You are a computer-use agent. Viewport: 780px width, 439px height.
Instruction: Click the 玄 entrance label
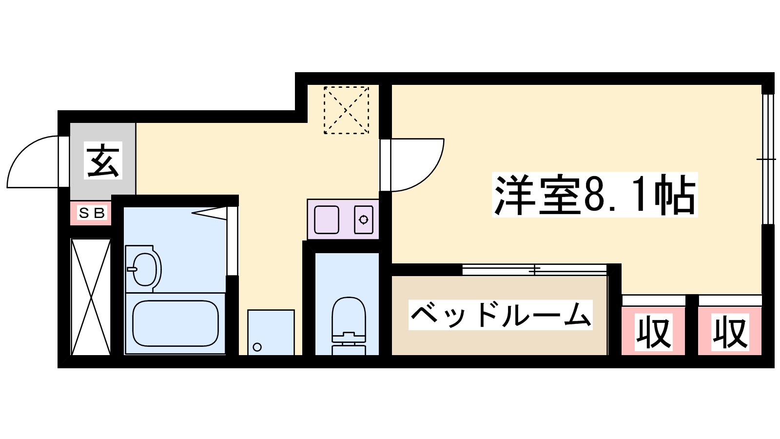[x=103, y=161]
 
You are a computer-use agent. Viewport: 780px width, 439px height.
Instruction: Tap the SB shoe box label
[x=92, y=213]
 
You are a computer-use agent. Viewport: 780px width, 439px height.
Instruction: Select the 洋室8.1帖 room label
[x=595, y=195]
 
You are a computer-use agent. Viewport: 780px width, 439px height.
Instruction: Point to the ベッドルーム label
[x=500, y=315]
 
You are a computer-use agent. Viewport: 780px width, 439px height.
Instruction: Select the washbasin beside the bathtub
[x=144, y=269]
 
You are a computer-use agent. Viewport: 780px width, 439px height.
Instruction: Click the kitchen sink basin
[x=327, y=219]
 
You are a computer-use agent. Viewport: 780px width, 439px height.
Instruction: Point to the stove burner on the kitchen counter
[x=364, y=219]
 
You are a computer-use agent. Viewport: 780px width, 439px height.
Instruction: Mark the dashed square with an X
[x=346, y=110]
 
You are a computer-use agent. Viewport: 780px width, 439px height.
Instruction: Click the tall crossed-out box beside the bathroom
[x=91, y=297]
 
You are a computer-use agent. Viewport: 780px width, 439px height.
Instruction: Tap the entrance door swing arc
[x=34, y=161]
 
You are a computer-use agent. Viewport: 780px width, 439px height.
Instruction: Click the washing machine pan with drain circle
[x=271, y=332]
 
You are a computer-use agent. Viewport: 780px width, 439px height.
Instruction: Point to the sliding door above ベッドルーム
[x=534, y=269]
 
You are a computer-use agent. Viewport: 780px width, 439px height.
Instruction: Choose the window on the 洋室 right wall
[x=768, y=159]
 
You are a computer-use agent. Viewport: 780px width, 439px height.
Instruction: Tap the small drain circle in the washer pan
[x=257, y=347]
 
